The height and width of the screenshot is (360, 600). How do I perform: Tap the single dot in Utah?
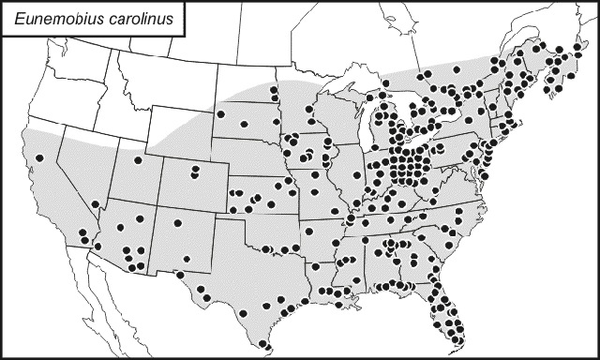point(138,160)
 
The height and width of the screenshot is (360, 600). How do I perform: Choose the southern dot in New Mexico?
point(186,259)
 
